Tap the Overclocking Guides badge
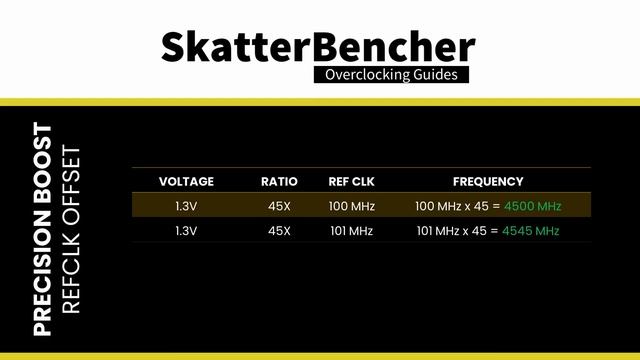coord(390,75)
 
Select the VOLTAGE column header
coord(186,182)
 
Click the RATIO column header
coord(279,182)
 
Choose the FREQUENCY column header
coord(488,182)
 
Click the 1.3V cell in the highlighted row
coord(186,206)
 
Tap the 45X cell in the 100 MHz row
coord(279,206)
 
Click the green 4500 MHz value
coord(533,206)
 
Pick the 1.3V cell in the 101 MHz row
coord(186,230)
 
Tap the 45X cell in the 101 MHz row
coord(279,230)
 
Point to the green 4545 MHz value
coord(532,230)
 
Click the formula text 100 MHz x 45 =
coord(458,206)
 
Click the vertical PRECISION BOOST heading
coord(43,229)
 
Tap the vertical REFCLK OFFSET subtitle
coord(70,231)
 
